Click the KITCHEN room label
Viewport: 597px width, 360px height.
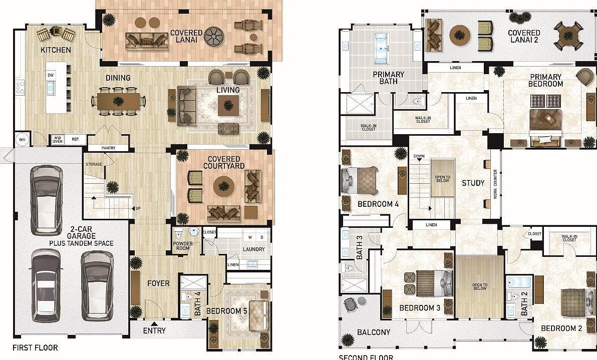click(x=56, y=50)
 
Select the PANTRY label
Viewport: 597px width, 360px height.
click(x=108, y=148)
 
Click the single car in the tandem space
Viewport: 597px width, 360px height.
click(x=46, y=199)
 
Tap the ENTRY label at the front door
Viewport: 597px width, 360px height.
click(x=154, y=331)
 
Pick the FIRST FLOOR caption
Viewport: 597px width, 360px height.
click(x=35, y=348)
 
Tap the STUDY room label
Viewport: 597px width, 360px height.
click(x=473, y=183)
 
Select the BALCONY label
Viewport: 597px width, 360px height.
click(x=373, y=332)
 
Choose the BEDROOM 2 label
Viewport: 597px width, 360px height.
click(x=561, y=328)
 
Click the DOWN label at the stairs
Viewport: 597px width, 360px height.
click(x=419, y=156)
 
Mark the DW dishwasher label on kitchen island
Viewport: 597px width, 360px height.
click(x=51, y=75)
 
